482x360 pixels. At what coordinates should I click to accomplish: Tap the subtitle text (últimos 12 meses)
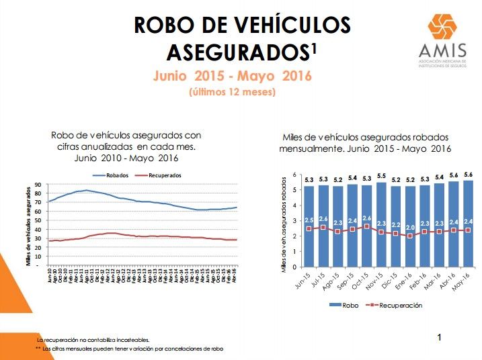232,92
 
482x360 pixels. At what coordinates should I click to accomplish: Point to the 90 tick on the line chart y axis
38,184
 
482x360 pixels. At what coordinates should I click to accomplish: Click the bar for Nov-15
382,222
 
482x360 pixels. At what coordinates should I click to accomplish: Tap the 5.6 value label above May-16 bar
469,176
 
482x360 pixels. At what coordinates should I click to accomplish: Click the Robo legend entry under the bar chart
343,305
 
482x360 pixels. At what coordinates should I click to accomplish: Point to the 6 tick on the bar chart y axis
294,175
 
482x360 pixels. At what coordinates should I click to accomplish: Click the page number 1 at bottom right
440,337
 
